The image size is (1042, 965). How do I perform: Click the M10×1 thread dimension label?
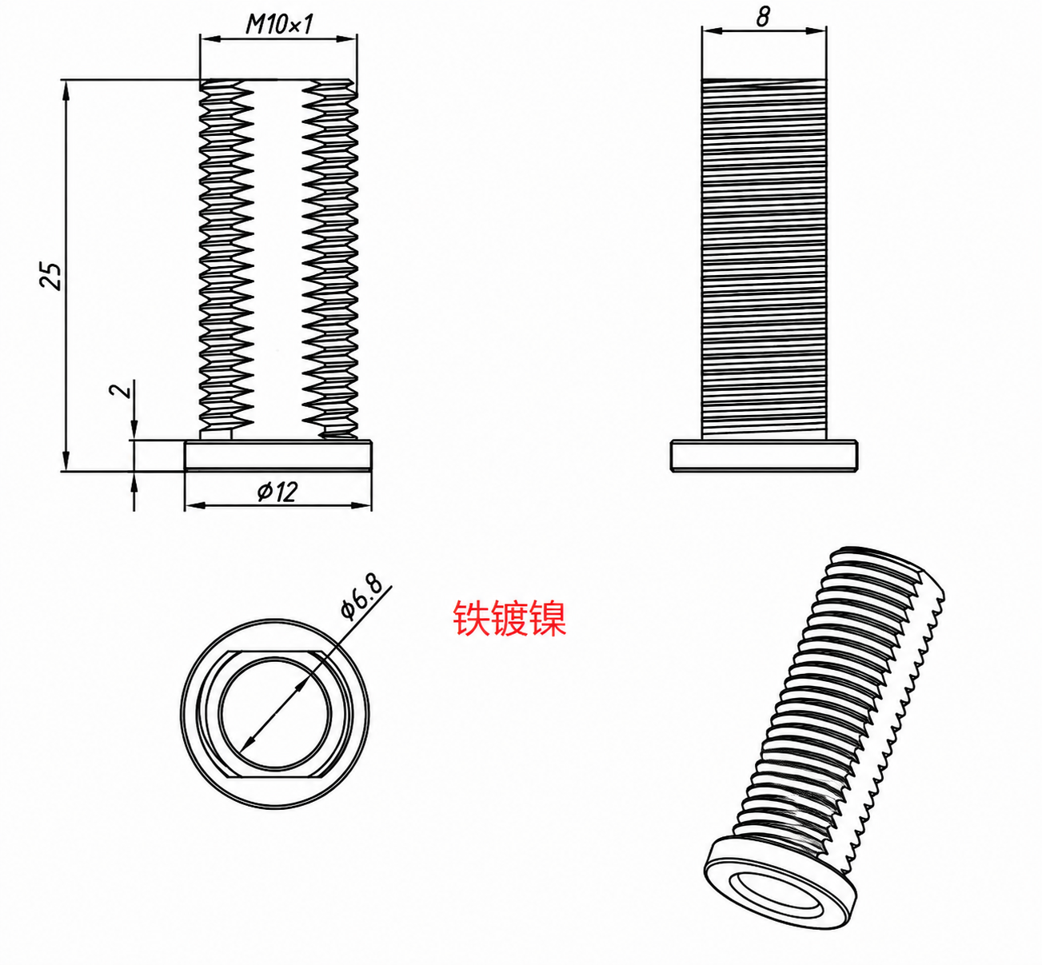(x=279, y=24)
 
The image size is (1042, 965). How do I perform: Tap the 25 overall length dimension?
(x=51, y=275)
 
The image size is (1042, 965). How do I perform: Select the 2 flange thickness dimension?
(x=122, y=390)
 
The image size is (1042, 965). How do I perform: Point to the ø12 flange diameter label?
(x=277, y=492)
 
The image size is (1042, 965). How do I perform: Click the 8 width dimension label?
(x=764, y=17)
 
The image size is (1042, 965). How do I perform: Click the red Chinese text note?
(x=509, y=619)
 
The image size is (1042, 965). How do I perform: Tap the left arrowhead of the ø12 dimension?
(x=194, y=505)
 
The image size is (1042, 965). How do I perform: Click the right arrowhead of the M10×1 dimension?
(x=347, y=38)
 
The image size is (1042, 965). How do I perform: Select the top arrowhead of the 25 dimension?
(x=66, y=90)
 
